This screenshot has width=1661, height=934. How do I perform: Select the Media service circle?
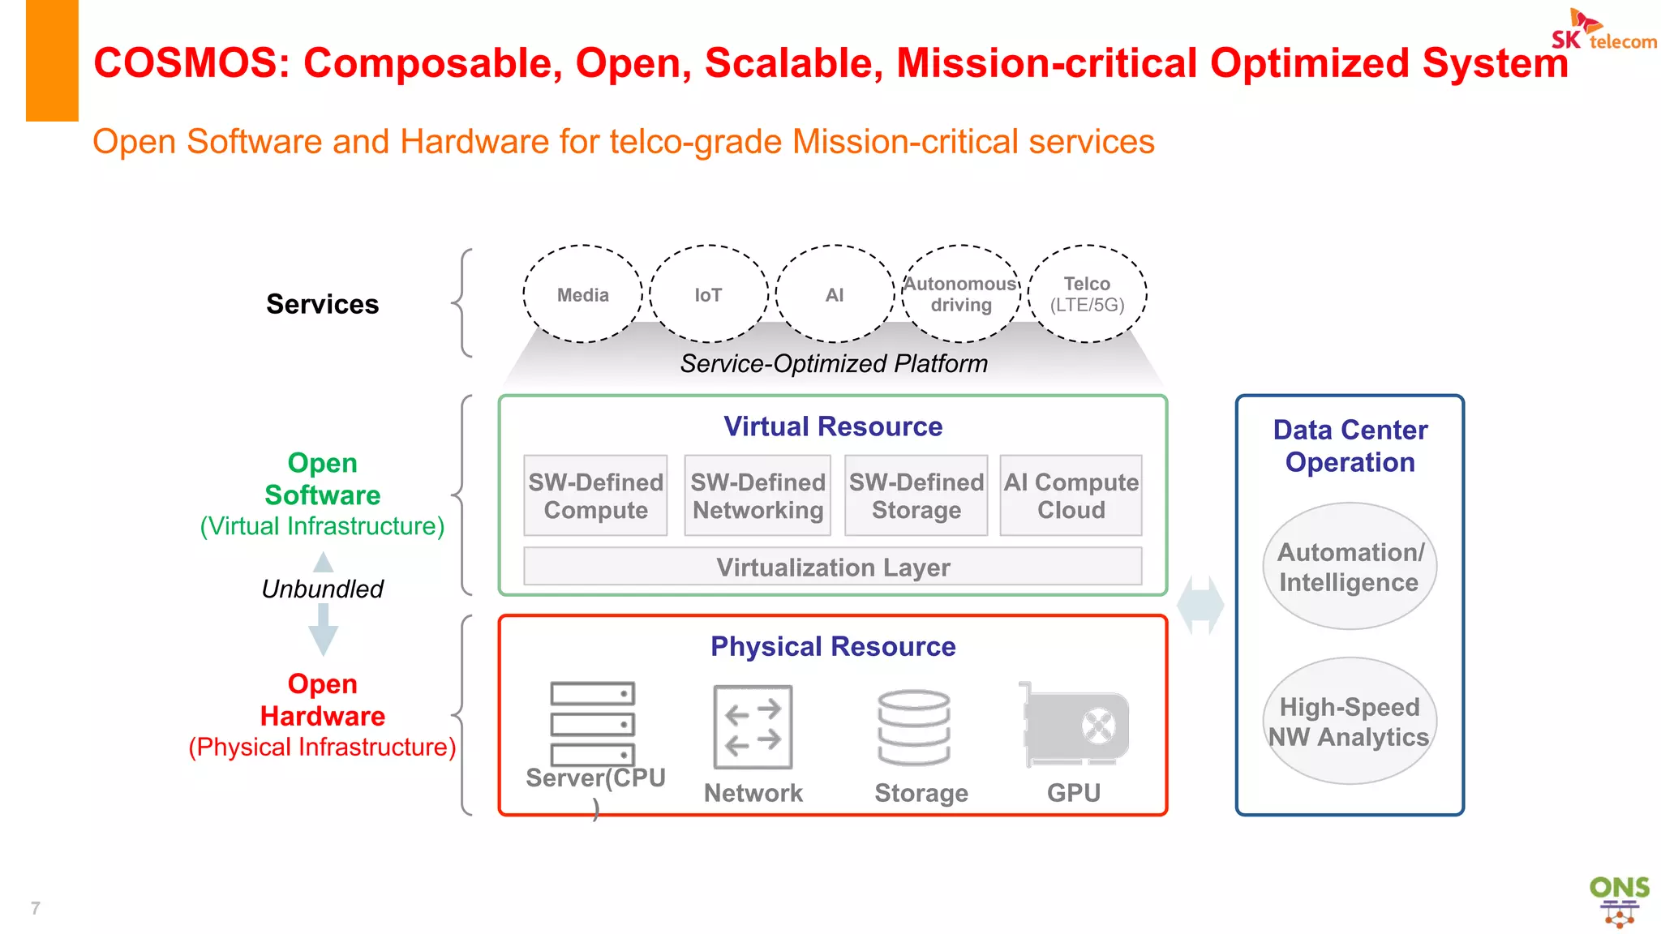(582, 294)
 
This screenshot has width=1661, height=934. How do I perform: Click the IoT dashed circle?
(708, 294)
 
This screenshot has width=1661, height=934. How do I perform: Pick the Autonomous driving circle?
(961, 294)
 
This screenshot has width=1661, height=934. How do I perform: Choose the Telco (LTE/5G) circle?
(1087, 294)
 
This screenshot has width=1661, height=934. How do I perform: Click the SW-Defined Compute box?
(595, 495)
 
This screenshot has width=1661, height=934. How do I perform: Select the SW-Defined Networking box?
(758, 495)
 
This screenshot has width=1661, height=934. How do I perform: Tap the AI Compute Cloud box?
(1071, 495)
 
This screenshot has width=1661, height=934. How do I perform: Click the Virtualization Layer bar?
(833, 567)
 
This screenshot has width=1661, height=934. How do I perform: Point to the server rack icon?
(592, 723)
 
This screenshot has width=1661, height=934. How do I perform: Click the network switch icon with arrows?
(753, 727)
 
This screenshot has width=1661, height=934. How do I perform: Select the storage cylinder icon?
(914, 727)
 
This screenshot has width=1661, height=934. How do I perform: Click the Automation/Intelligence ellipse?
(1350, 567)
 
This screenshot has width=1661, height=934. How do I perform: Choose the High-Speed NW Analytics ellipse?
(1350, 722)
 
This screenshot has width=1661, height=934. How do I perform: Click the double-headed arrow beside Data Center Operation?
(1200, 606)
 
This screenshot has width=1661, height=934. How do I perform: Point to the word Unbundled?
(322, 589)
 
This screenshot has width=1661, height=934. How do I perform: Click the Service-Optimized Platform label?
(834, 364)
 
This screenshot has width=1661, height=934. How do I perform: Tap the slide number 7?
(35, 908)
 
